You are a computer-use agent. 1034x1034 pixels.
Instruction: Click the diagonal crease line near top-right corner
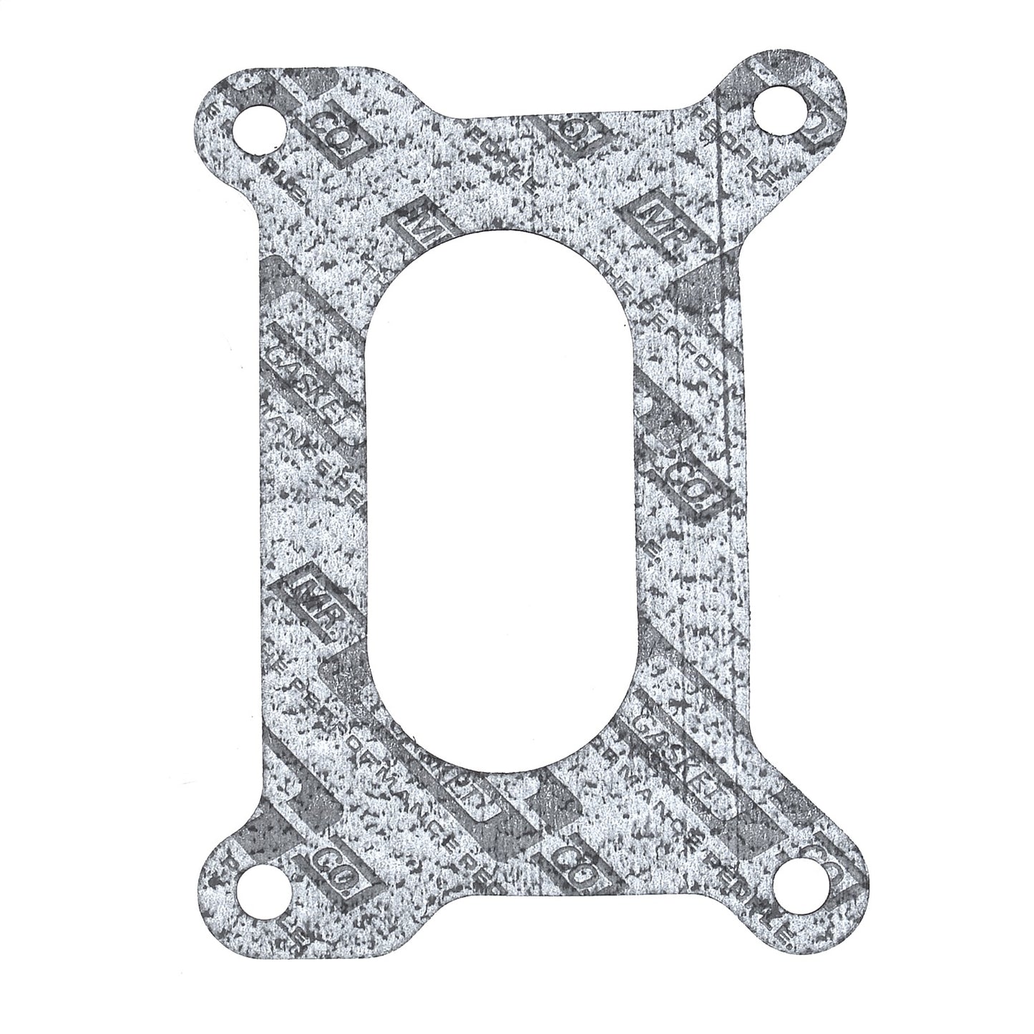click(x=719, y=236)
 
